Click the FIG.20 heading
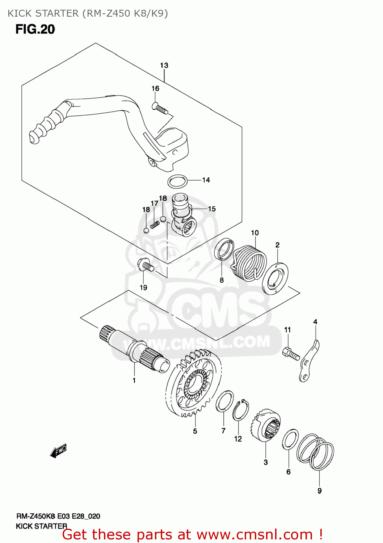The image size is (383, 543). click(x=35, y=29)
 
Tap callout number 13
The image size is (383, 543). click(x=164, y=66)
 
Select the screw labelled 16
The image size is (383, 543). click(x=160, y=108)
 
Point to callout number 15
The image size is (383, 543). click(x=212, y=209)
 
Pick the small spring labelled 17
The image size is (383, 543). click(x=155, y=225)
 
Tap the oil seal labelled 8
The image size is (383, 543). click(x=224, y=249)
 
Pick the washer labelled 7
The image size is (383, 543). click(x=224, y=401)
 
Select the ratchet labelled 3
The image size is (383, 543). click(x=266, y=426)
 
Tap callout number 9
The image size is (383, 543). click(x=319, y=491)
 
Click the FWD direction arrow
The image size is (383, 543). click(x=58, y=451)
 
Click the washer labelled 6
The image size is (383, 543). click(x=290, y=439)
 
